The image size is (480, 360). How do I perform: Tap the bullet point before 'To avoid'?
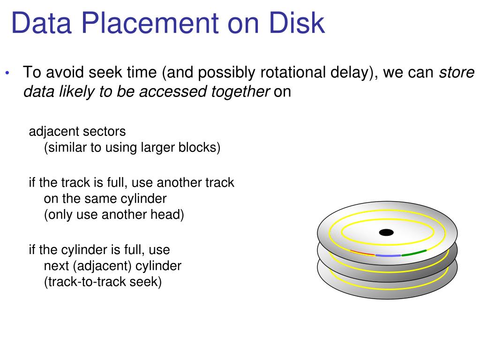click(7, 74)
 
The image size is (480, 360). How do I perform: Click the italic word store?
click(457, 73)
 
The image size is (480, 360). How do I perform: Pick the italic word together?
click(237, 92)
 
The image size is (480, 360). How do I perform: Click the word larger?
click(158, 148)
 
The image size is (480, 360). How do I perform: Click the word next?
click(56, 266)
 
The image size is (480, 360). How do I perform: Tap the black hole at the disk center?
click(386, 232)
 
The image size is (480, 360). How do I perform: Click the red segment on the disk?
click(362, 253)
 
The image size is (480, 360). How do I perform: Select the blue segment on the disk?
click(388, 256)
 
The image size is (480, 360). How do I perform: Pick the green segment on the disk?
click(414, 253)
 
